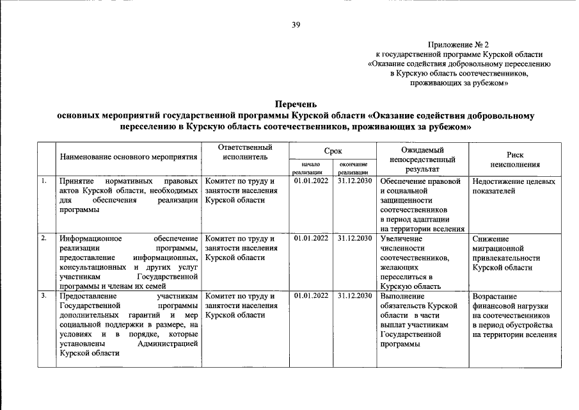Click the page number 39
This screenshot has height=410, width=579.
[x=296, y=25]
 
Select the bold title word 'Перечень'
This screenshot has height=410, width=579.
[x=296, y=104]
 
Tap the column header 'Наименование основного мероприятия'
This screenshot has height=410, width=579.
[x=129, y=156]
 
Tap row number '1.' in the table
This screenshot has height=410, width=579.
[x=44, y=181]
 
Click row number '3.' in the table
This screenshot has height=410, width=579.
[x=44, y=296]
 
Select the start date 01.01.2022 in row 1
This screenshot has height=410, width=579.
[x=310, y=181]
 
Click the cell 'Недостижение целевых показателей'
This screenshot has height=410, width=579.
[x=514, y=186]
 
